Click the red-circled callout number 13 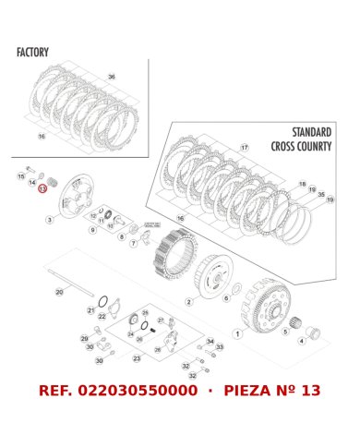point(42,187)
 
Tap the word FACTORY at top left point(32,53)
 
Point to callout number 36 point(112,77)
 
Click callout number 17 point(244,148)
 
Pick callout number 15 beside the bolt point(20,175)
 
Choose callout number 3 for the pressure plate point(50,220)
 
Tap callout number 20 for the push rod point(59,292)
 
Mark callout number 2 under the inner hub point(188,301)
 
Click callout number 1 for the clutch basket point(238,333)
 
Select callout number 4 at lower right point(301,341)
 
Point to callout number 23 point(137,358)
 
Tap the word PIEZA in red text point(252,391)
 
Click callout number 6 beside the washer point(226,298)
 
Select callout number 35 point(320,195)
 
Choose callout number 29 point(85,339)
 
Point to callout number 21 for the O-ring point(90,310)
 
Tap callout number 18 point(302,185)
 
